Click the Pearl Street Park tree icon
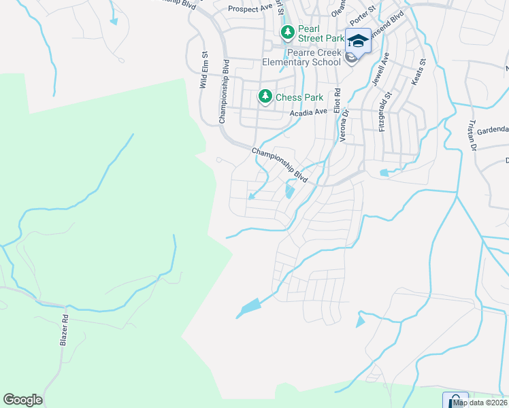coord(288,31)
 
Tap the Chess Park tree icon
coord(265,97)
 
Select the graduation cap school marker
coord(358,41)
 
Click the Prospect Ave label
coord(250,9)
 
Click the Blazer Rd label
coord(65,330)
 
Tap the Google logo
coord(22,400)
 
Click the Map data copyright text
coord(480,403)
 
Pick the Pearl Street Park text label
coord(320,38)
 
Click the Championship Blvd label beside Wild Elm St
coord(223,91)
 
